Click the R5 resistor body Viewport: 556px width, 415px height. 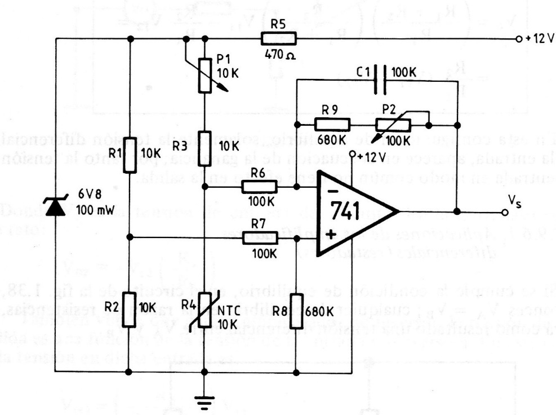[x=278, y=38]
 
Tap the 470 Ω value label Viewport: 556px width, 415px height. [x=279, y=57]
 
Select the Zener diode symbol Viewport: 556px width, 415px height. [x=55, y=207]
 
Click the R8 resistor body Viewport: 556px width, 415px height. [x=296, y=310]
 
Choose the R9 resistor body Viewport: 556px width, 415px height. [x=332, y=125]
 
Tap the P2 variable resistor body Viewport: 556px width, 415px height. [x=394, y=125]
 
